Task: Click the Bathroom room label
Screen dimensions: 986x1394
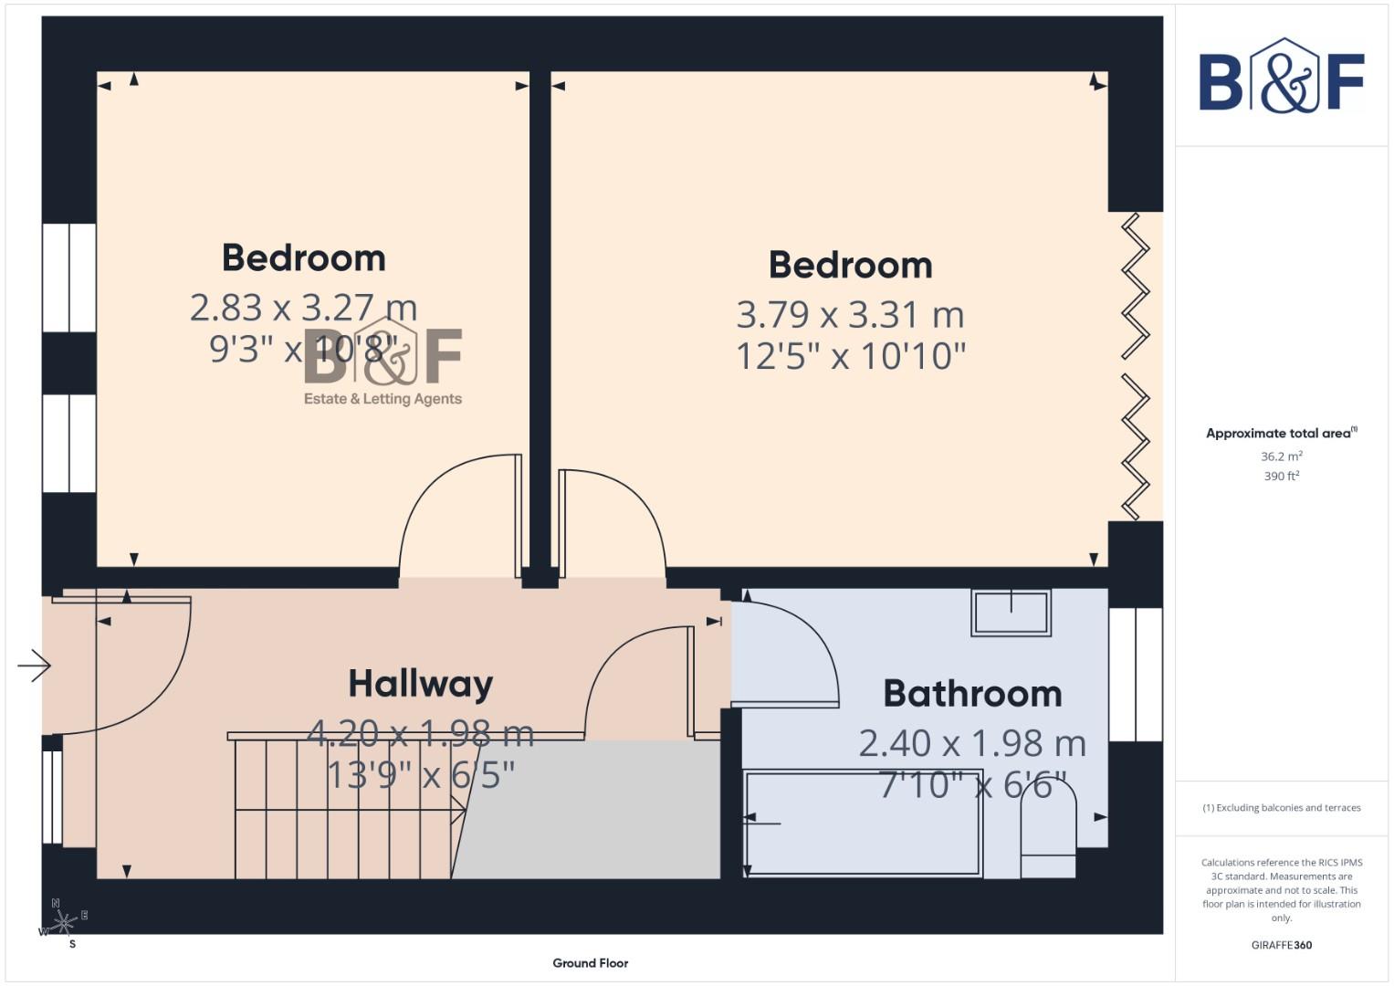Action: [x=972, y=694]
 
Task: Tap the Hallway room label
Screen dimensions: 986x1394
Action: [x=421, y=684]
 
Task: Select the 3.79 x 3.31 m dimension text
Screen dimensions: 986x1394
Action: [x=850, y=315]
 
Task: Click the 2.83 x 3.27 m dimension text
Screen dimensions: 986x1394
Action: [x=303, y=308]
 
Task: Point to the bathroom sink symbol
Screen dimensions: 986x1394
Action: [x=1011, y=612]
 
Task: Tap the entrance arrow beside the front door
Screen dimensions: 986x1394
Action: [x=34, y=666]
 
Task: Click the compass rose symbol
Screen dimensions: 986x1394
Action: [x=62, y=923]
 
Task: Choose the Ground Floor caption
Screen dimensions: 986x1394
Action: [x=591, y=963]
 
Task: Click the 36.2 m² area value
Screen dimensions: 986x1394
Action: [x=1281, y=456]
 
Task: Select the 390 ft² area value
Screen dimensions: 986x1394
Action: [x=1281, y=477]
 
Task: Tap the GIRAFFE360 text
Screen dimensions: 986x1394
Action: [x=1281, y=946]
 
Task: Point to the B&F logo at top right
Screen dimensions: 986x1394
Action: [x=1281, y=76]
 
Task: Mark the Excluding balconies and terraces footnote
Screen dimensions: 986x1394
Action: [x=1281, y=808]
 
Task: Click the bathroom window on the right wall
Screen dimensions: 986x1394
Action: [x=1136, y=674]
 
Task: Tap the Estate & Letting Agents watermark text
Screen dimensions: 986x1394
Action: [x=383, y=399]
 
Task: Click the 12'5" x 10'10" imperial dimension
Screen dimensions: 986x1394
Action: [x=850, y=356]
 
